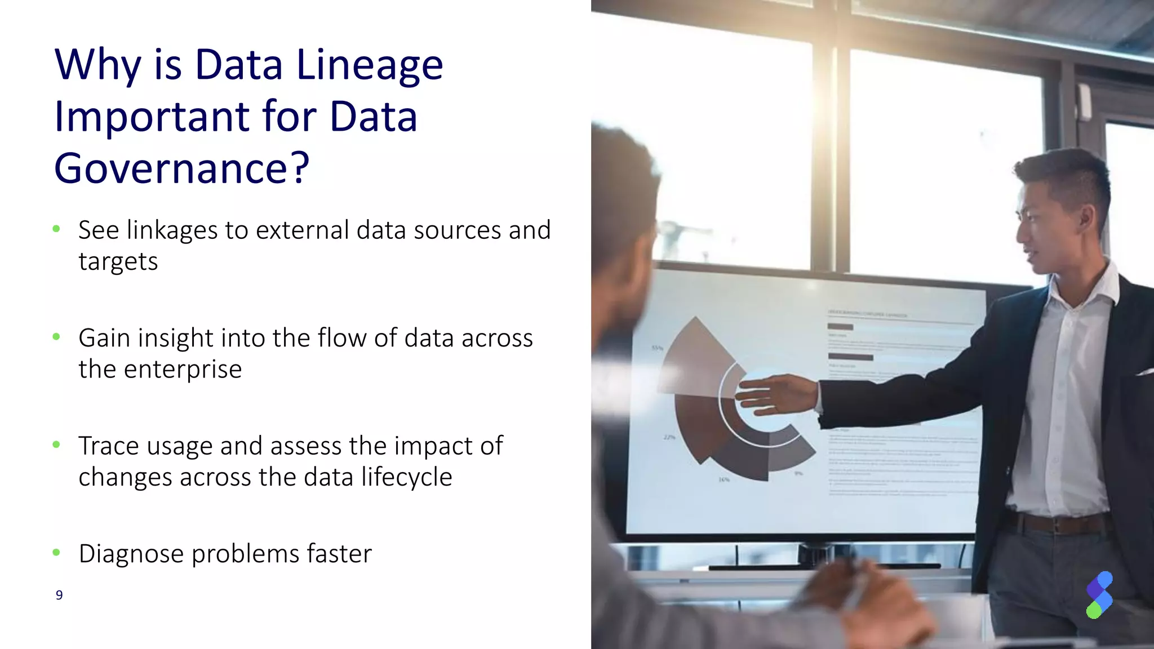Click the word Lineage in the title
pos(370,65)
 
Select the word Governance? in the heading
pos(181,168)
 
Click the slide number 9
pos(59,595)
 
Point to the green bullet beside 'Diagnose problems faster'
pos(56,553)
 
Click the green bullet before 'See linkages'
pos(56,229)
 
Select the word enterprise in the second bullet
pos(183,370)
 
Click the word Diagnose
pos(131,554)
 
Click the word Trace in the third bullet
pos(108,446)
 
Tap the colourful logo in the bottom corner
pos(1099,595)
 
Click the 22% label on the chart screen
pos(669,437)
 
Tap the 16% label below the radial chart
pos(724,479)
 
